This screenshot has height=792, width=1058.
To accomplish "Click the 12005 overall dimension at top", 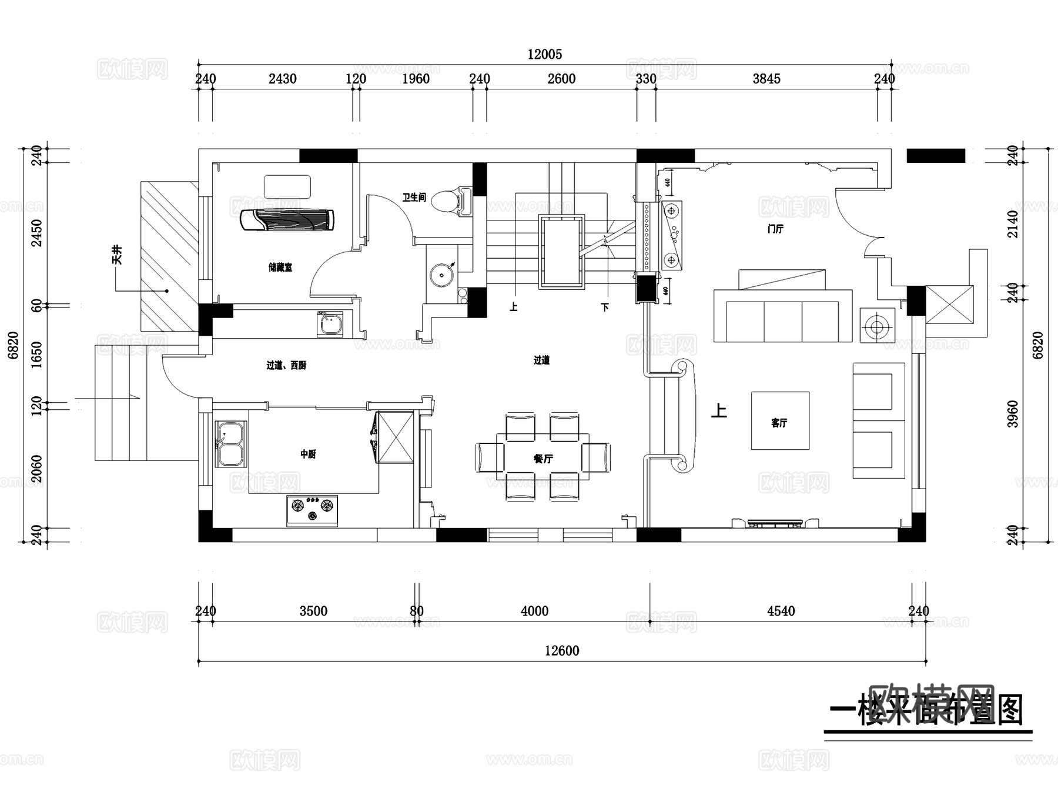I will point(544,55).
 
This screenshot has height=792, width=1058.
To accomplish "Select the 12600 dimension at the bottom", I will point(562,651).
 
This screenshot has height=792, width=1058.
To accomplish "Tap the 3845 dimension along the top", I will point(766,79).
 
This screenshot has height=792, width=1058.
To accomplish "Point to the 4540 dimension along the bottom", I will point(781,611).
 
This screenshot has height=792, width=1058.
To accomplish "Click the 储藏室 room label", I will point(280,268).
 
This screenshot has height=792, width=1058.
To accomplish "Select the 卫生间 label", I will point(414,198).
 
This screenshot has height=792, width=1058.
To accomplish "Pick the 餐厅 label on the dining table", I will point(543,459).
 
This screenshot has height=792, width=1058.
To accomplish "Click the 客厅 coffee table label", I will point(779,423).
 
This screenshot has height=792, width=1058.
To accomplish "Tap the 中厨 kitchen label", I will point(308,454).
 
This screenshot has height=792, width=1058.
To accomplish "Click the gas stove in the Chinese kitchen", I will point(312,510).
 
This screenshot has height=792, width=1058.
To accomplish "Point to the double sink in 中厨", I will point(230,444).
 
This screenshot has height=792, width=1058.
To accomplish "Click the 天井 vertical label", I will point(118,255).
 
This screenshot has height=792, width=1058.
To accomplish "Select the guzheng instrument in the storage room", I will point(288,220).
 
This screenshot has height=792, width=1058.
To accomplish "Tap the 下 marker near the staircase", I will point(605,307).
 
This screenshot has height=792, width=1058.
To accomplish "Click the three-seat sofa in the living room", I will point(782,316).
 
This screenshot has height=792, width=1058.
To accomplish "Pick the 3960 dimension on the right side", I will point(1012,414).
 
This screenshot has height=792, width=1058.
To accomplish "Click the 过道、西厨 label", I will point(286,366).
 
